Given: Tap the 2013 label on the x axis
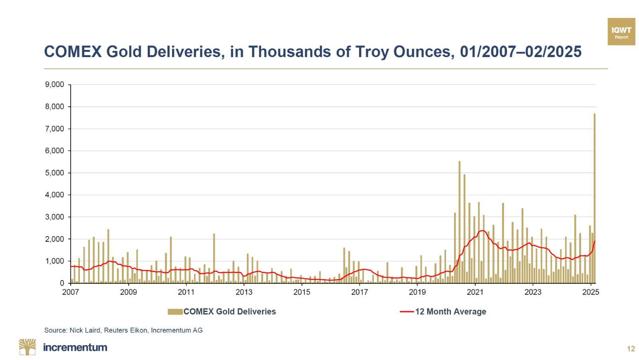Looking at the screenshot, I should (244, 292).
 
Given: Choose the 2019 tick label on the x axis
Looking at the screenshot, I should (417, 292).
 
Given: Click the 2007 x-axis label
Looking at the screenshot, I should (71, 292).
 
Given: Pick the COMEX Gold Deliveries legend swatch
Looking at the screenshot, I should (175, 312).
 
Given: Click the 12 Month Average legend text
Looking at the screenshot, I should (450, 312).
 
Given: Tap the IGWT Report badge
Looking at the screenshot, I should (621, 32).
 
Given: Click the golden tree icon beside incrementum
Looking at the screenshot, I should (27, 347).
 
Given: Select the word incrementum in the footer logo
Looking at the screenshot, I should (75, 347).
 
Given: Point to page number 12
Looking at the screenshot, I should (631, 349).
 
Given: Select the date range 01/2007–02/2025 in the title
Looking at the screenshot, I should (520, 52).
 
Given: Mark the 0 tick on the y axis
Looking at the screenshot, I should (62, 283).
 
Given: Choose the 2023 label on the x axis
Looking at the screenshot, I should (533, 292).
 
